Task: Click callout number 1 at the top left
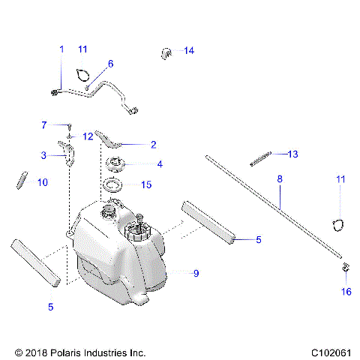click(61, 49)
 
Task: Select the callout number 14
click(188, 51)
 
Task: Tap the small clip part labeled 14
click(166, 52)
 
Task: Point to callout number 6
click(110, 64)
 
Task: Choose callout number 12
click(88, 136)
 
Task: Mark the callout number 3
click(44, 155)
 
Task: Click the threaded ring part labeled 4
click(119, 164)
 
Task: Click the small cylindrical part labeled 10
click(22, 181)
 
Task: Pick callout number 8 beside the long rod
click(280, 180)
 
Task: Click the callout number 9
click(196, 274)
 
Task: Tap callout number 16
click(346, 292)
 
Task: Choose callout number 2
click(153, 144)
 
